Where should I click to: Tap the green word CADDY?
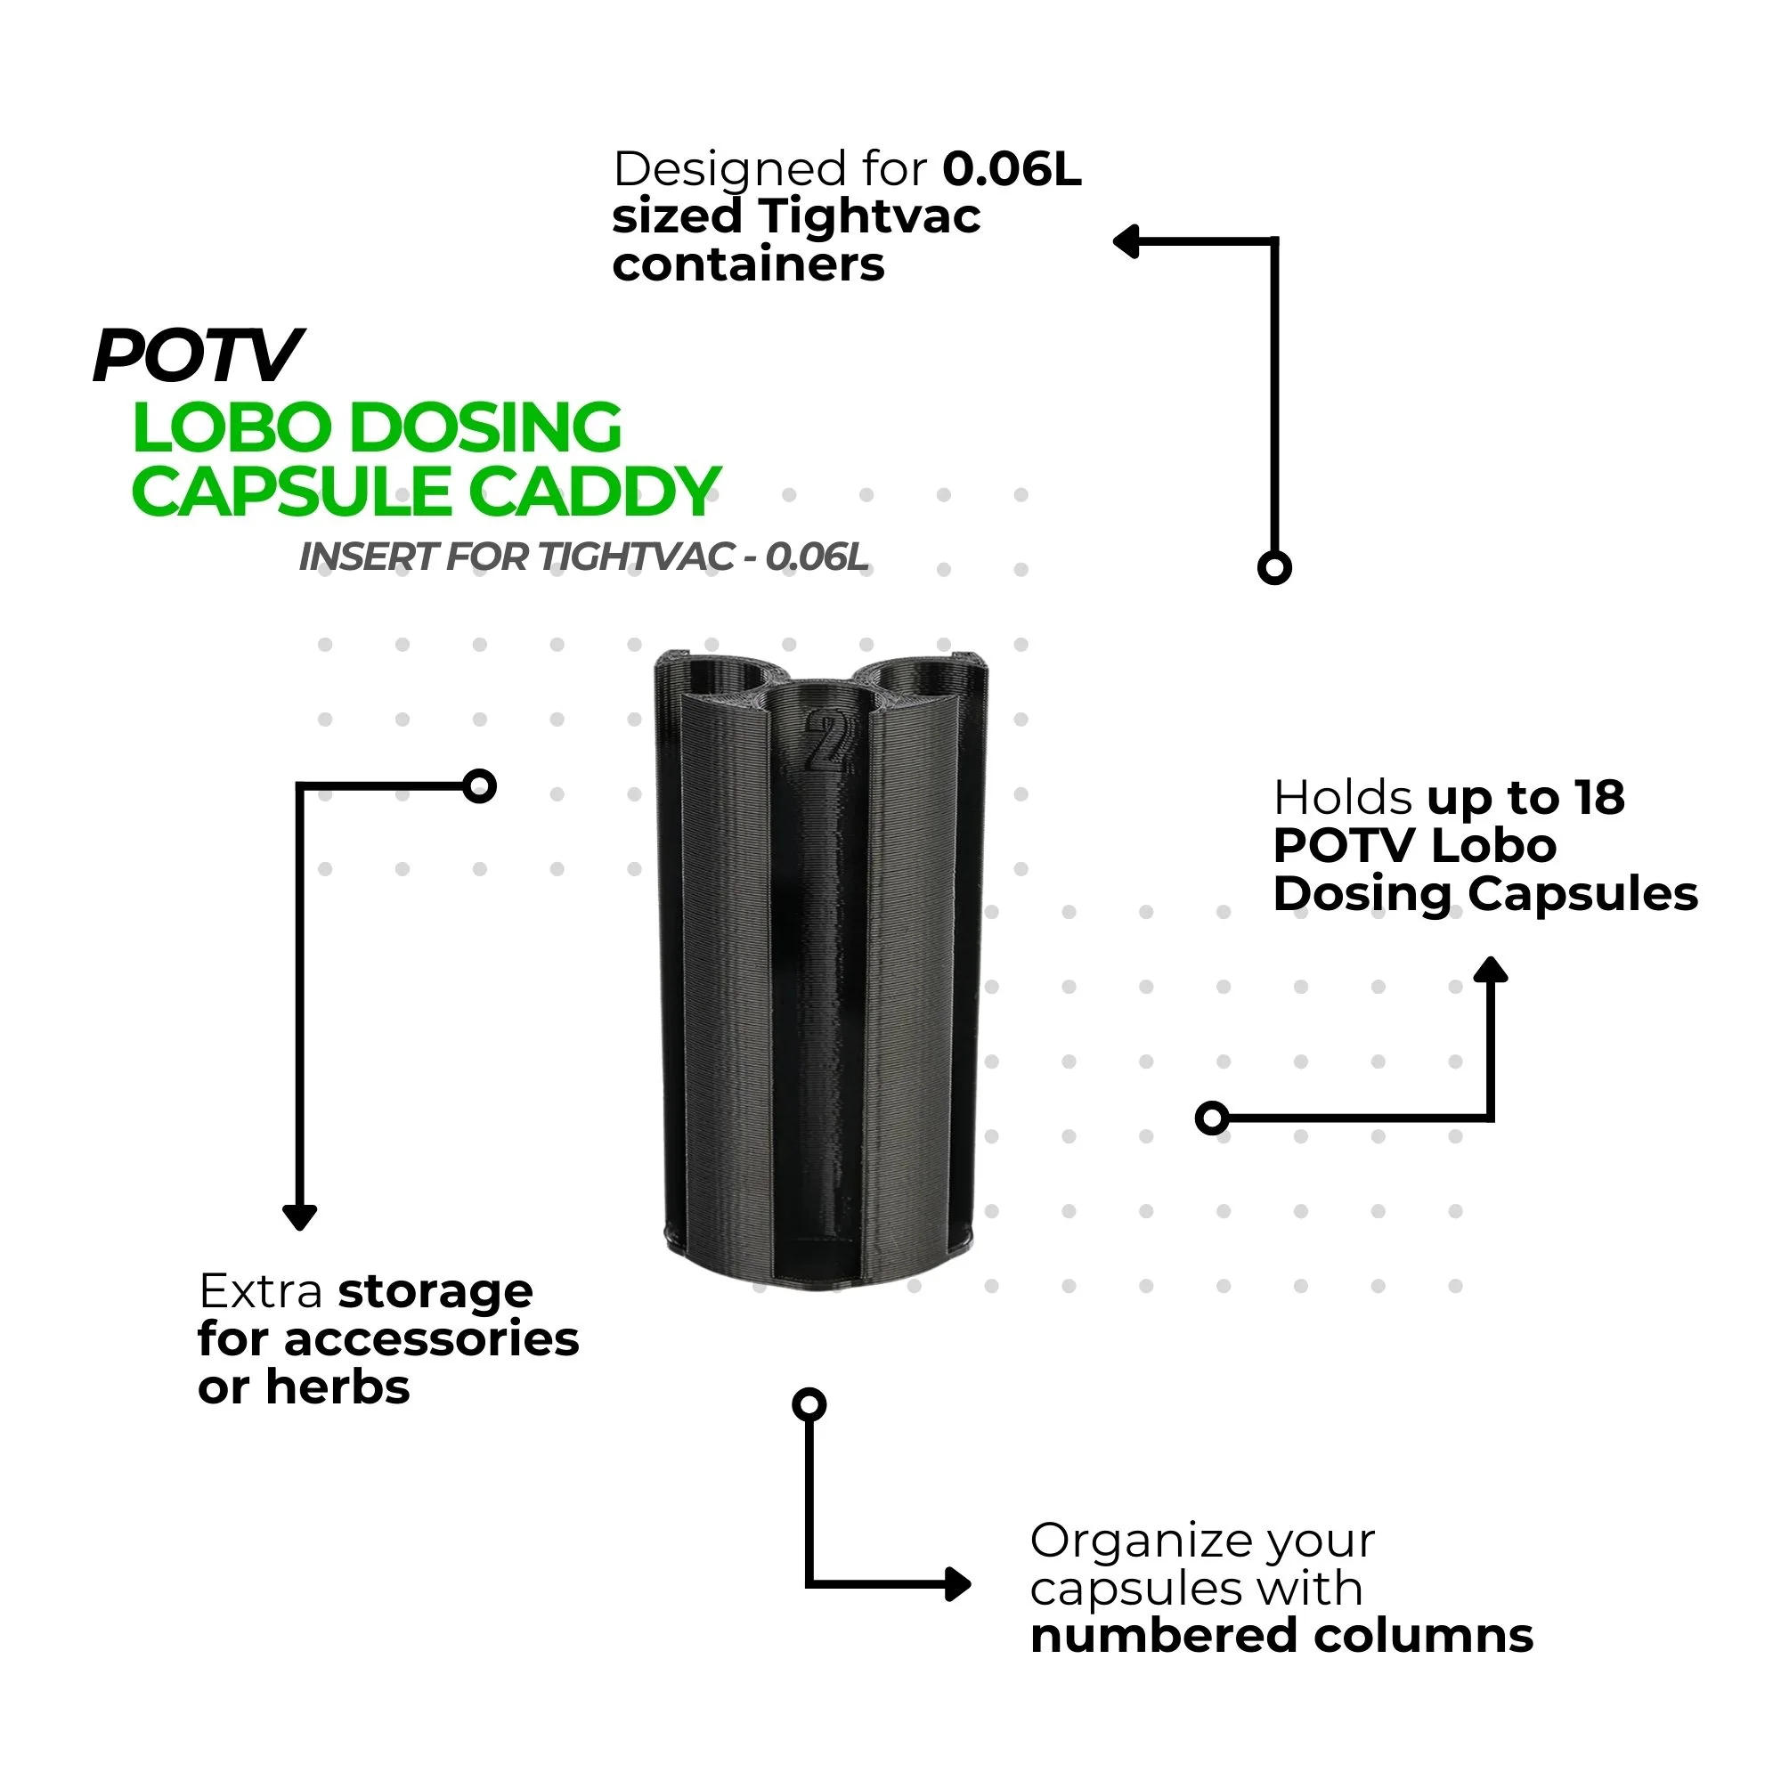coord(600,492)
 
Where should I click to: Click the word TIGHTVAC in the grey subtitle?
coord(635,557)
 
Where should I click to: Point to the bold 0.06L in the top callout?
coord(1012,169)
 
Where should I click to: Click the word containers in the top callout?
coord(748,265)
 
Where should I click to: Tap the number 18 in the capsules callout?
coord(1599,798)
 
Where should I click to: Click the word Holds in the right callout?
coord(1342,798)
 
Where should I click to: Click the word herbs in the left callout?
coord(337,1387)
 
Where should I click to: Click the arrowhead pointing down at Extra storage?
coord(299,1216)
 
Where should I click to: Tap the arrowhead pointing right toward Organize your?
coord(959,1585)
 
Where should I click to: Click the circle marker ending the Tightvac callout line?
coord(1274,568)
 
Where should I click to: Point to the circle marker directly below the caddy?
coord(809,1405)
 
